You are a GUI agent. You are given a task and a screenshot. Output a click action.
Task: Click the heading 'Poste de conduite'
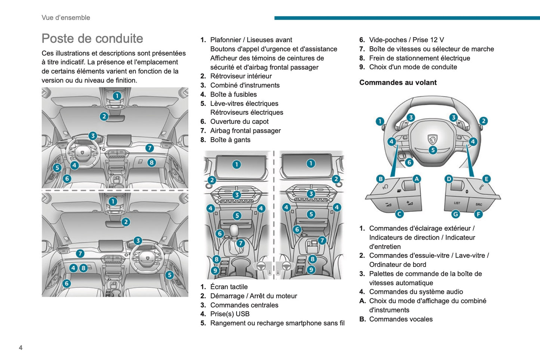92,39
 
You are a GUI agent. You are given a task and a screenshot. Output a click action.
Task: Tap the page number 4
21,348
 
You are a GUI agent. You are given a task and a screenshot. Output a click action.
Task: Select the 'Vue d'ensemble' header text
66,18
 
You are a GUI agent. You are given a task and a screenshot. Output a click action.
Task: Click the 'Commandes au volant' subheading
398,83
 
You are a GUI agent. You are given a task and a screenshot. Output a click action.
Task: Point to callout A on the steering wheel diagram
416,179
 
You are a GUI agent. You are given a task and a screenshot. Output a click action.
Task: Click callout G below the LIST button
456,214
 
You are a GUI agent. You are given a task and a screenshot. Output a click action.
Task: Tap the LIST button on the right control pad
457,203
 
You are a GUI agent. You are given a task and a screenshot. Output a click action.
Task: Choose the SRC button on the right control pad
479,204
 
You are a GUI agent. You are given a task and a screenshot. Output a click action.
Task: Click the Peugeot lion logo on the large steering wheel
432,139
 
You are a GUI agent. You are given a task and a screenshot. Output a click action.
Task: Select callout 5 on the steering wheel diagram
433,150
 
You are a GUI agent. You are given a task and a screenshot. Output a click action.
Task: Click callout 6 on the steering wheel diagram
409,162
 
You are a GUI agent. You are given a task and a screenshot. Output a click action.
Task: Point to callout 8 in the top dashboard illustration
151,163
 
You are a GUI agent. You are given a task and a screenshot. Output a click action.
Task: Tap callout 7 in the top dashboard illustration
149,148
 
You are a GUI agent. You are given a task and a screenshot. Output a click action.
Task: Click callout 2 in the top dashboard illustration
104,117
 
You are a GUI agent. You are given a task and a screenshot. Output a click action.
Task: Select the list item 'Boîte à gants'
230,140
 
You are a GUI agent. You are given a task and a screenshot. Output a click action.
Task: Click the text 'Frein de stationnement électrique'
419,58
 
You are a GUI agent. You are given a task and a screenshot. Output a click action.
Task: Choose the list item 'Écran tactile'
229,287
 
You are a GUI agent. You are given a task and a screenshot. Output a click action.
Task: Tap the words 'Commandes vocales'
401,319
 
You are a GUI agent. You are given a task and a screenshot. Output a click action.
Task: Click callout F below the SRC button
478,214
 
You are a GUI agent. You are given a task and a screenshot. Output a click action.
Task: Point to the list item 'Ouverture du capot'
239,121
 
